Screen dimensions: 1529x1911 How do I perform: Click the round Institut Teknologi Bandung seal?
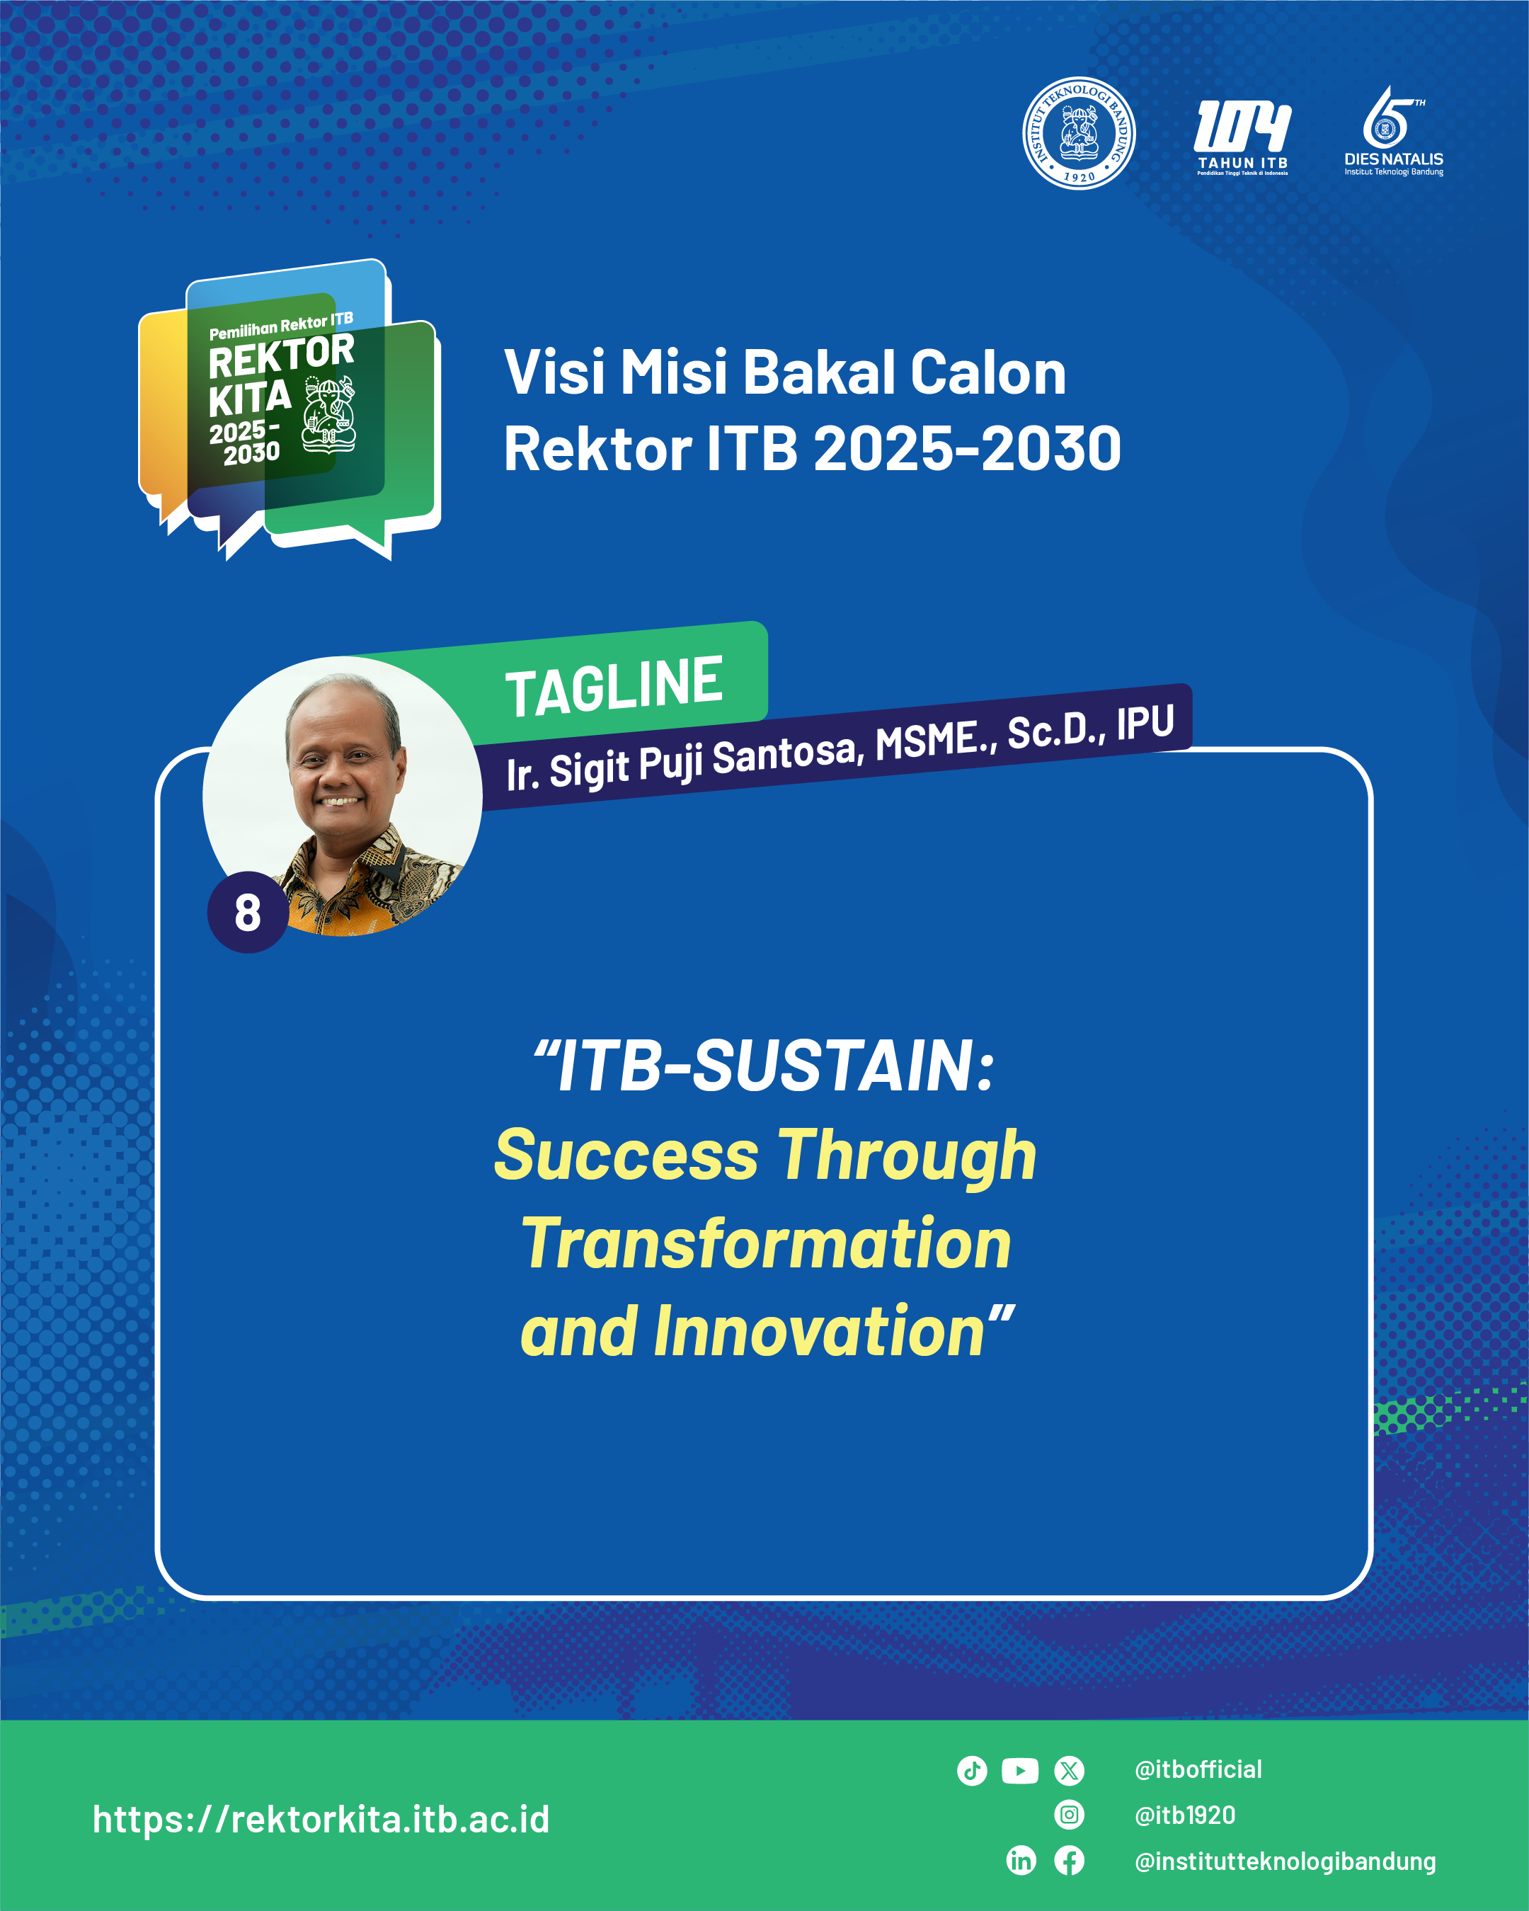1079,133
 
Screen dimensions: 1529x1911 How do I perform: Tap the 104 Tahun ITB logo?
1243,137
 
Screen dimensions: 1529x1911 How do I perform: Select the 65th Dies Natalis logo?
1393,131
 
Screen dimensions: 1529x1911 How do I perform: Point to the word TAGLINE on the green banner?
614,686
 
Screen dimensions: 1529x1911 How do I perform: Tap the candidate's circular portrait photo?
342,796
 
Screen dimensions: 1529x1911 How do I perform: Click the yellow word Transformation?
767,1243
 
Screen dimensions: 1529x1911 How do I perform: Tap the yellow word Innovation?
819,1331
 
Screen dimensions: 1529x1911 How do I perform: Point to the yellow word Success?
626,1155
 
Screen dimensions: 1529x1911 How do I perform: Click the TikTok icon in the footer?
973,1771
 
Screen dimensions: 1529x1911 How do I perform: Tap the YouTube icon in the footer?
1020,1771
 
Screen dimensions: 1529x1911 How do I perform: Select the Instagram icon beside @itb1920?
1069,1815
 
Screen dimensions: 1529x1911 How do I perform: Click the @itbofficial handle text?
1198,1770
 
